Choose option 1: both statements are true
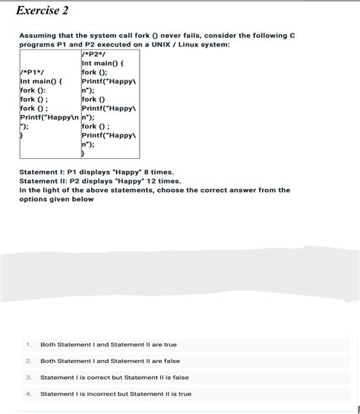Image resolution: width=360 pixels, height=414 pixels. [x=108, y=344]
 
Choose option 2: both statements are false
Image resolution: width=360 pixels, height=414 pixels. [x=109, y=361]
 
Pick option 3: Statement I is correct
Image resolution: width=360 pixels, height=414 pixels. [x=114, y=377]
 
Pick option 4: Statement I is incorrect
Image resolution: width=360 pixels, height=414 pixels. [x=115, y=393]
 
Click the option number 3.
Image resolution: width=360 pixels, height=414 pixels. [x=27, y=377]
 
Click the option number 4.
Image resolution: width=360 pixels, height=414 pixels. [x=27, y=393]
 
